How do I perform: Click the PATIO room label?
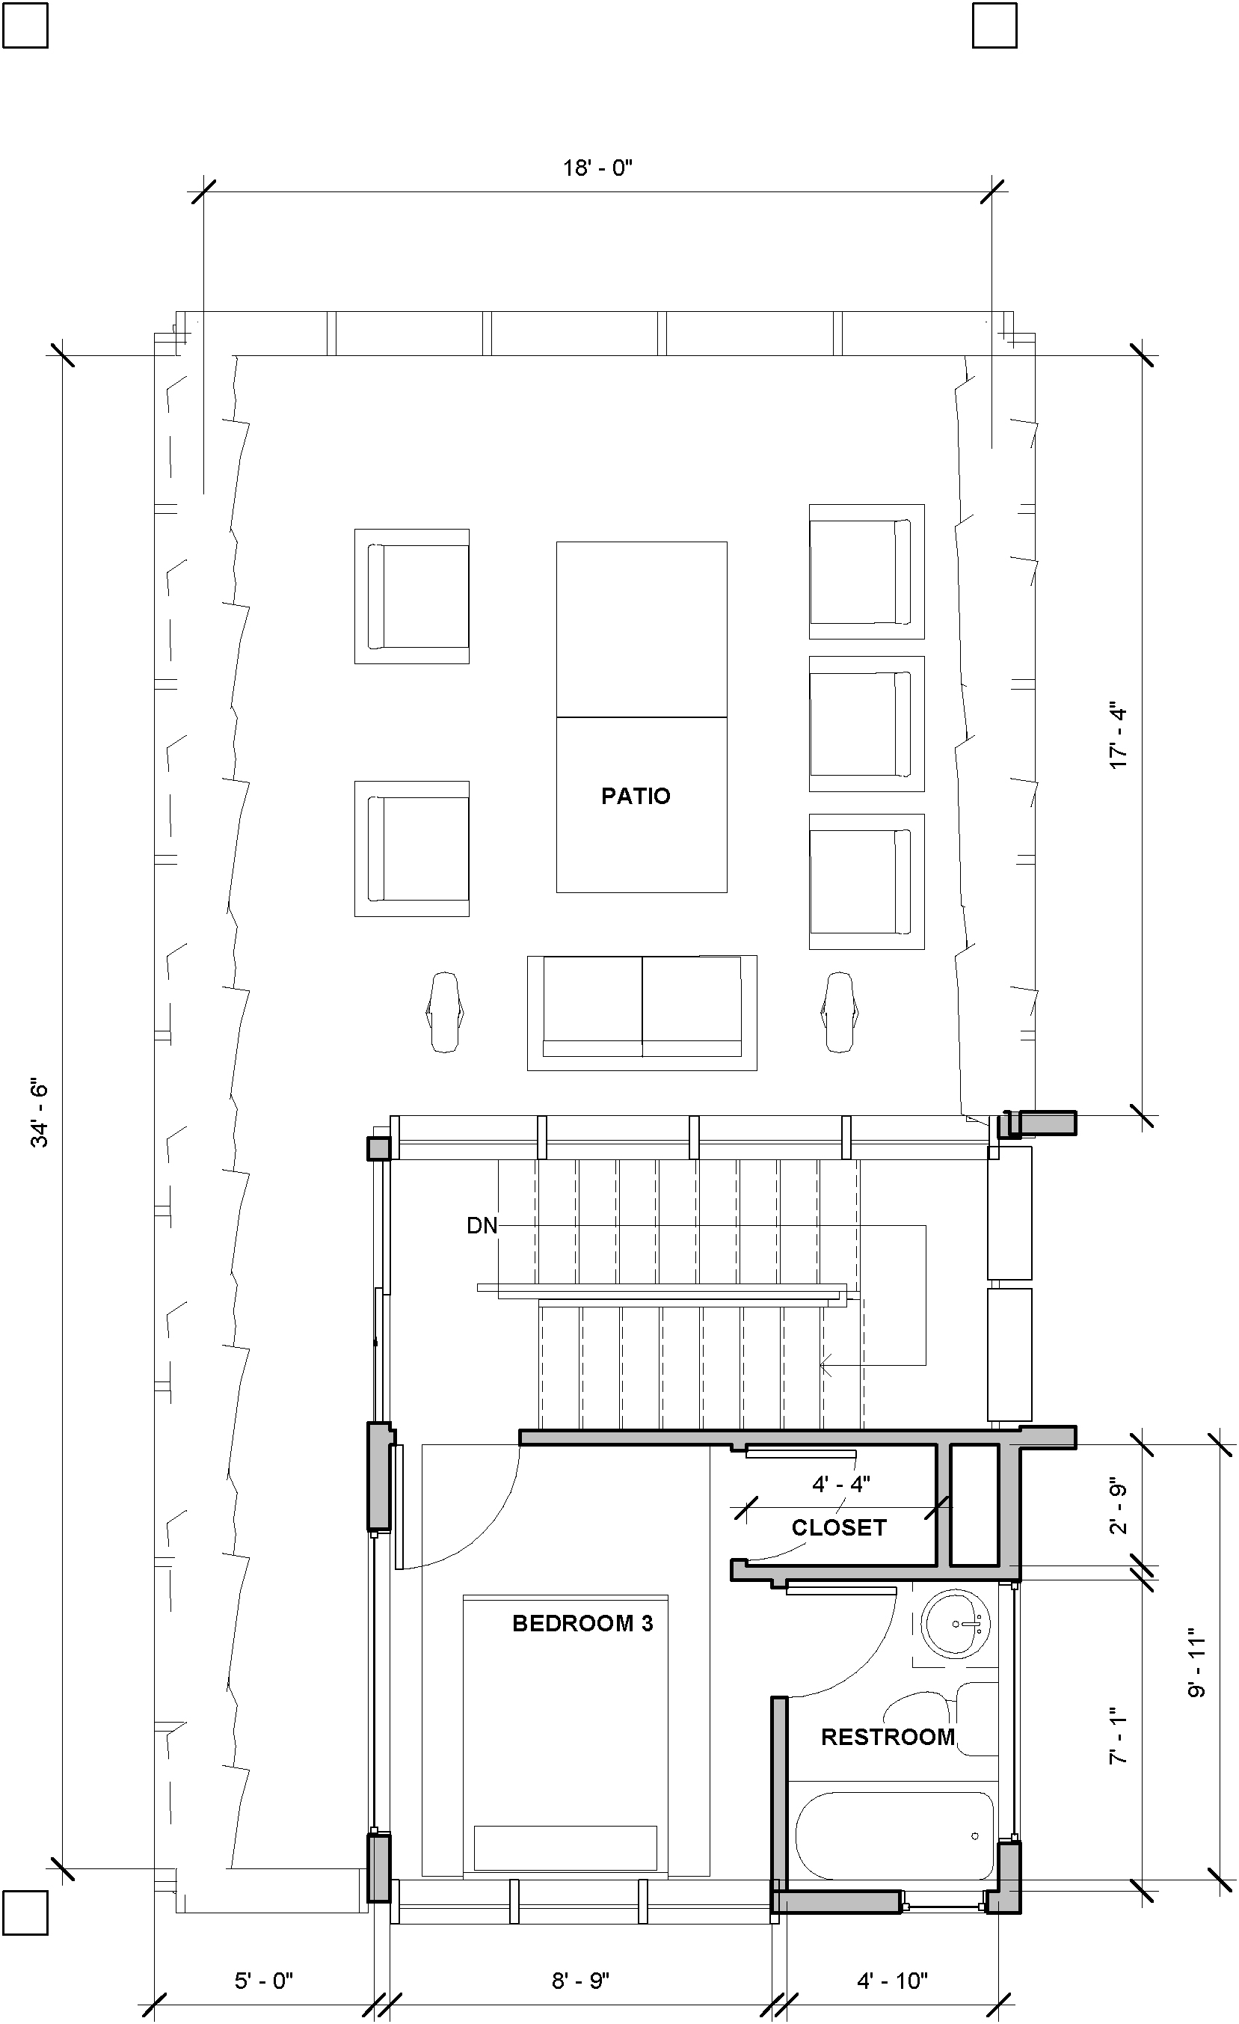[636, 795]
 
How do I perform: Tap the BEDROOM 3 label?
[582, 1623]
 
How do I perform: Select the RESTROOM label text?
[888, 1737]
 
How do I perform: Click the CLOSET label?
[838, 1527]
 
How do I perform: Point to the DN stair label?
[482, 1226]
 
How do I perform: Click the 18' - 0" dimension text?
[597, 168]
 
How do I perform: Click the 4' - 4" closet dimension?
[840, 1483]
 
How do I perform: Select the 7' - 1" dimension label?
[1119, 1740]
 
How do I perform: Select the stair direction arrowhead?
[824, 1365]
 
